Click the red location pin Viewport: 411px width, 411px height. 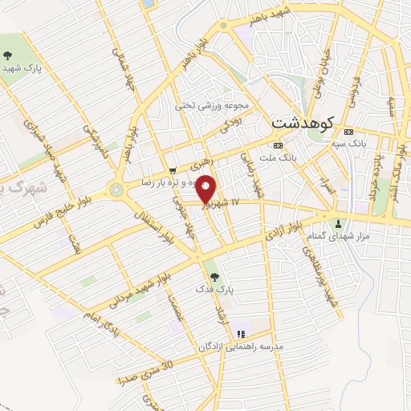(206, 189)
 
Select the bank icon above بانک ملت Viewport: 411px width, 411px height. (278, 145)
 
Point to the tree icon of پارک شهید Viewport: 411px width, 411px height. (7, 55)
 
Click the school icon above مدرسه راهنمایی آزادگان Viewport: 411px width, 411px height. (240, 334)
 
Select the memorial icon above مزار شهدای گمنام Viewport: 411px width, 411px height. (340, 223)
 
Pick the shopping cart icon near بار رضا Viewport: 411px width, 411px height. (173, 170)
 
